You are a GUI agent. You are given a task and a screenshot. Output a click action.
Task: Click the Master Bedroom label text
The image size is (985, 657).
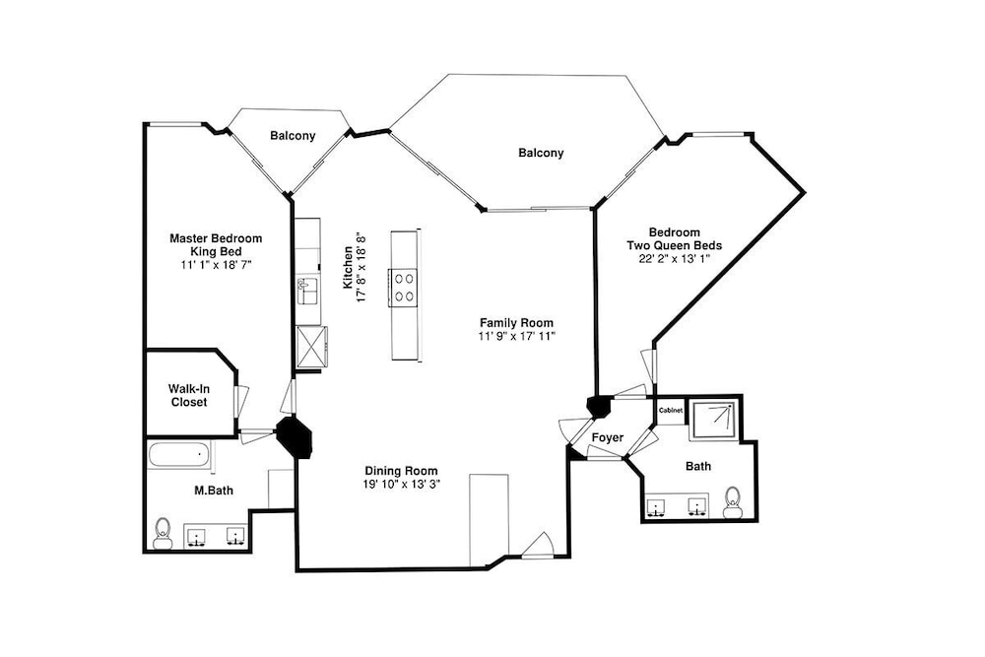pos(216,238)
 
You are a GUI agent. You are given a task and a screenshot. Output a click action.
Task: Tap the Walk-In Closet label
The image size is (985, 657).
pos(189,396)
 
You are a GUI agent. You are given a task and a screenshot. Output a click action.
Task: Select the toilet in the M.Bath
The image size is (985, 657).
pos(164,533)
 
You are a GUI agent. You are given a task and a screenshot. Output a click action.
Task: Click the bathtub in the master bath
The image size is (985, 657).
pos(179,455)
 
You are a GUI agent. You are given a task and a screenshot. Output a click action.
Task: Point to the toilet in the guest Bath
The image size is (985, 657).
pos(732,502)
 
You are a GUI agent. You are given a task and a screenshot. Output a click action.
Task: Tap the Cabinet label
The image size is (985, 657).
pos(670,410)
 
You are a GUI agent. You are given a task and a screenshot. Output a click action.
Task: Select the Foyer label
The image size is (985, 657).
pos(608,437)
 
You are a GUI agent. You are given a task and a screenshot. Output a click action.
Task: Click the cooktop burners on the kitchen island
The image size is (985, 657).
pos(404,287)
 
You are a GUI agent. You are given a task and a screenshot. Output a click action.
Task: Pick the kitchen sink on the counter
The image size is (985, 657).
pos(307,291)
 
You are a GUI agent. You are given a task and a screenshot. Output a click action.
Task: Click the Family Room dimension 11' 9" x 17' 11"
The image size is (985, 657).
pos(517,336)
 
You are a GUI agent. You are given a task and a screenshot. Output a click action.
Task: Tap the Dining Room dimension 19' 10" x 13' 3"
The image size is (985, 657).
pos(402,485)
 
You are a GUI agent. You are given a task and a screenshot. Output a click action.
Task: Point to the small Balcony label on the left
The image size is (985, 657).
pos(293,136)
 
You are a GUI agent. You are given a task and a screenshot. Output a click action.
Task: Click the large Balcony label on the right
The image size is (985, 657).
pos(541,153)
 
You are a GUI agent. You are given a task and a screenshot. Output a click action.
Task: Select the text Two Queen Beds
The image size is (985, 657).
pos(674,245)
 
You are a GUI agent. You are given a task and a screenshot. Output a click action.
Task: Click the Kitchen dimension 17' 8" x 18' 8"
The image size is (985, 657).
pos(361,267)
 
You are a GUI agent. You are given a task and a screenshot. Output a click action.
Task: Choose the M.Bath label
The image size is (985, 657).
pos(213,491)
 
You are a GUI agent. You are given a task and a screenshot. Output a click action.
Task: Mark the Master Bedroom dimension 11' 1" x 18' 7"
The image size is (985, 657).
pos(216,264)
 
